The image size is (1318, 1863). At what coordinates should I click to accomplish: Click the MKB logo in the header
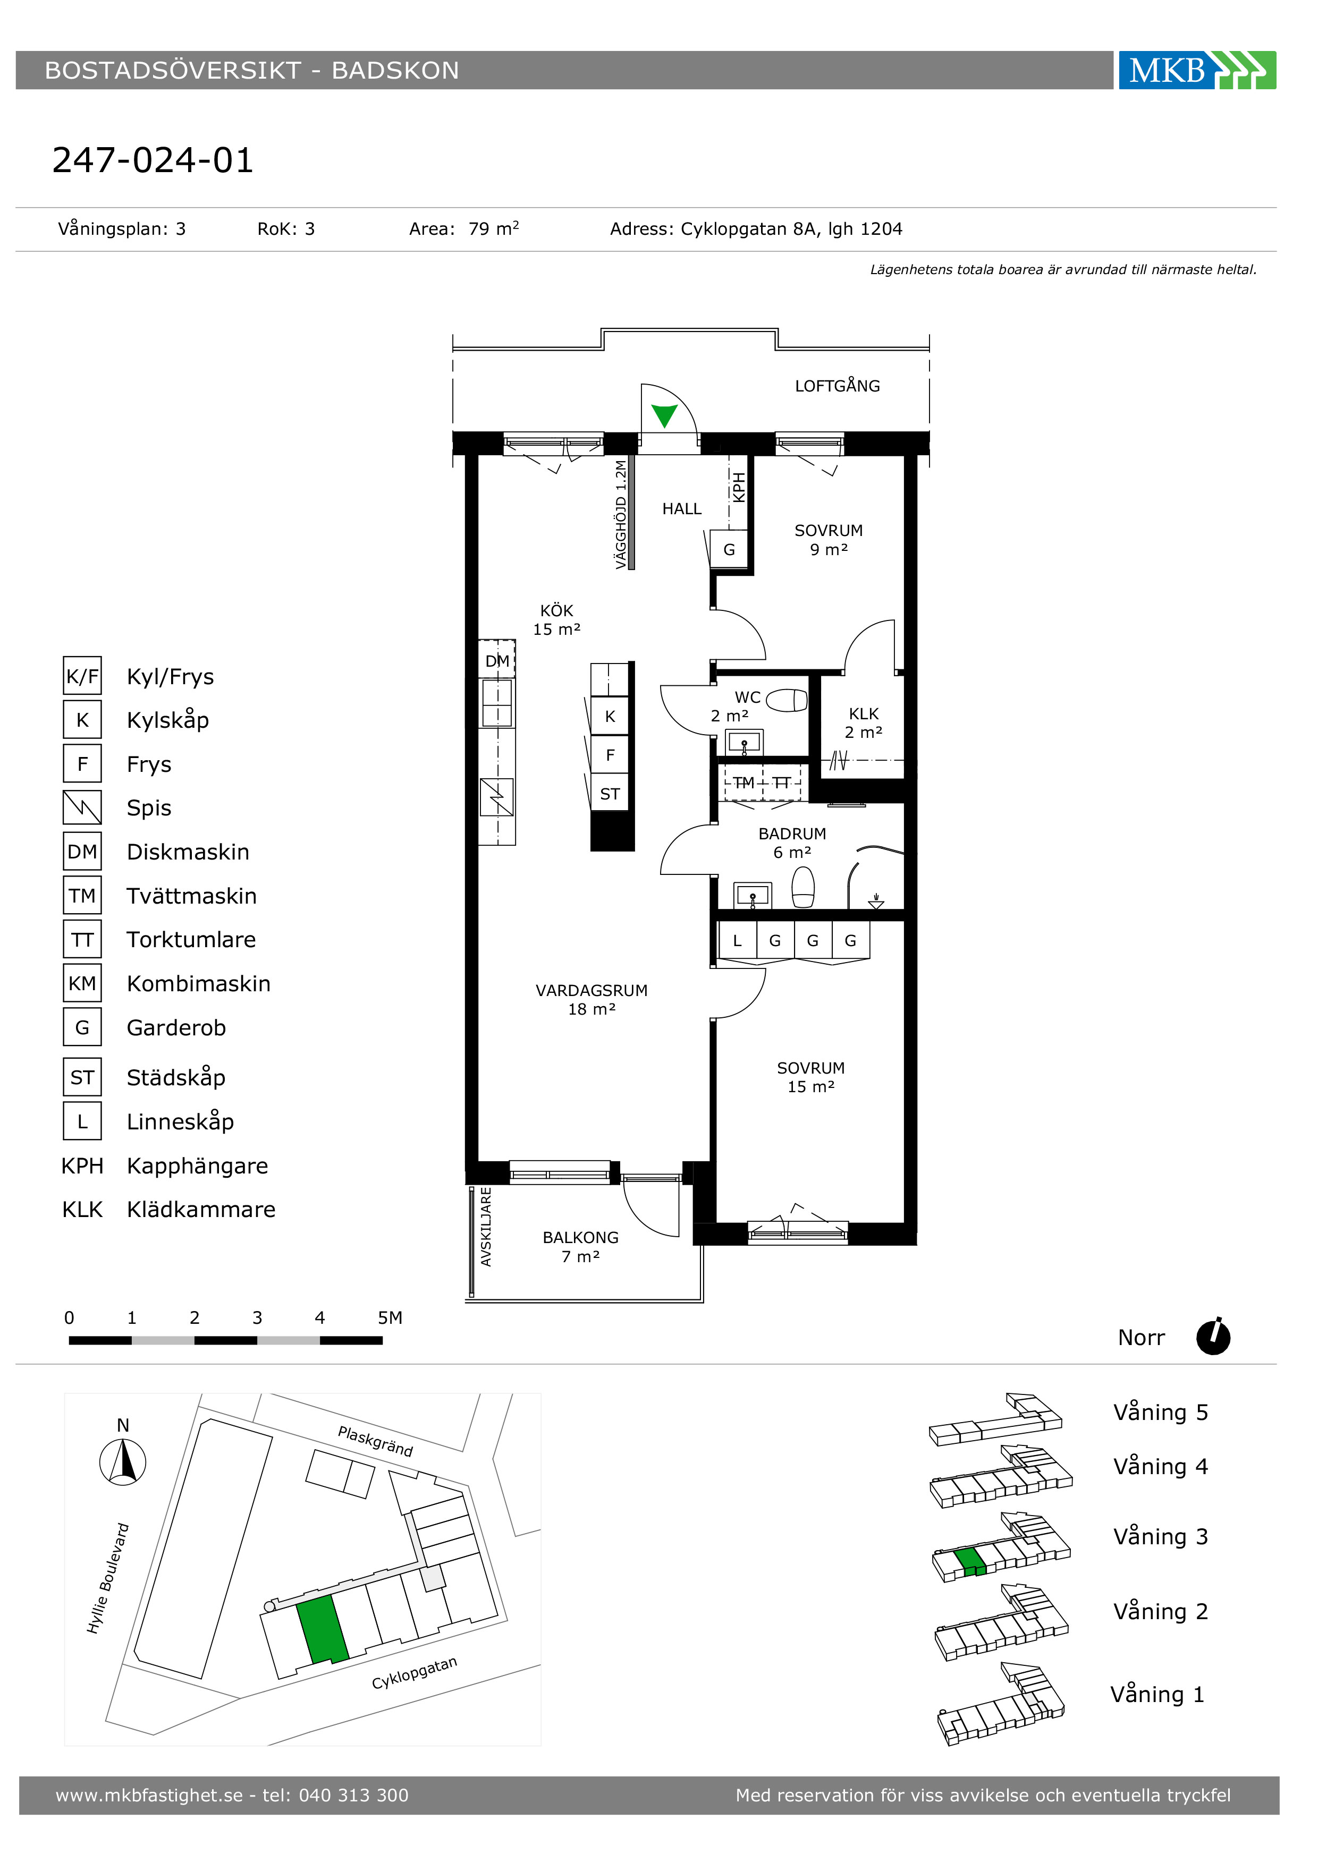(1197, 71)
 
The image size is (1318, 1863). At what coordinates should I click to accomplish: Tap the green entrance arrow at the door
(665, 415)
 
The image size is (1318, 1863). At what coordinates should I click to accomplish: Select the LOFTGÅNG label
(838, 386)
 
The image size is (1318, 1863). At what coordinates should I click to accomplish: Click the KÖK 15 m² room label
(557, 620)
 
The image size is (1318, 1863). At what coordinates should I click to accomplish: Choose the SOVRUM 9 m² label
(829, 540)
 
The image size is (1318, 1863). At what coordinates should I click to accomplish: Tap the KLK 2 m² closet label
(864, 723)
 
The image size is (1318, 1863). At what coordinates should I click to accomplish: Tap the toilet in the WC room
(787, 700)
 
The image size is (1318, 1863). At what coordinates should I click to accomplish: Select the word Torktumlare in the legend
(191, 940)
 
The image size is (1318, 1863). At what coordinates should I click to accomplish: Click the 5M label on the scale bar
(390, 1318)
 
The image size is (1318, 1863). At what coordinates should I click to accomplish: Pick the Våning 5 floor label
(1161, 1413)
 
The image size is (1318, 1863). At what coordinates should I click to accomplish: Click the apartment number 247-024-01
(153, 160)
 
